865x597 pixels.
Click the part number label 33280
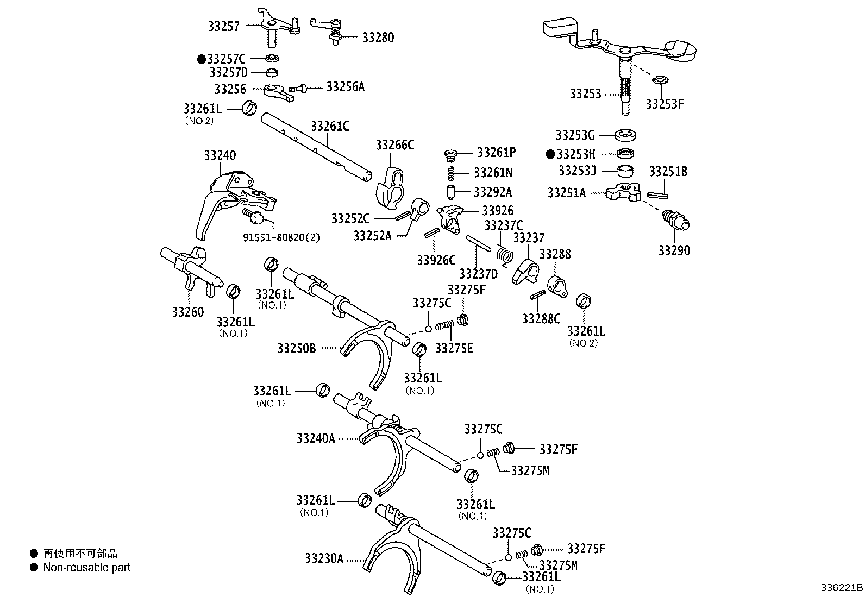tap(378, 37)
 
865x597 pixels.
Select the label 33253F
tap(665, 104)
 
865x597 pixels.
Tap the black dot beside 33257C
tap(202, 58)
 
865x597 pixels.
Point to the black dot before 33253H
tap(550, 154)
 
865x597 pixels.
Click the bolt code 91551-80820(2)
tap(281, 237)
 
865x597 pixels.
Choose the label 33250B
tap(296, 348)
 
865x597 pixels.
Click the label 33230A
tap(324, 558)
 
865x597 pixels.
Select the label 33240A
tap(316, 438)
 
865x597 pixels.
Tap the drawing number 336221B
tap(841, 588)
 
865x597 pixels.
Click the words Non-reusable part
tap(87, 568)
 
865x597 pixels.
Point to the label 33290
tap(674, 250)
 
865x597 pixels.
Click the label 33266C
tap(395, 145)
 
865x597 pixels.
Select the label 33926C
tap(436, 260)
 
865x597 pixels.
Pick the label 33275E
tap(454, 348)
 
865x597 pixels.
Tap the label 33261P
tap(497, 153)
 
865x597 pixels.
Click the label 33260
tap(188, 312)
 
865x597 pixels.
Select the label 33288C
tap(541, 318)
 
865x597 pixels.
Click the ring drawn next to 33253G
tap(626, 135)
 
